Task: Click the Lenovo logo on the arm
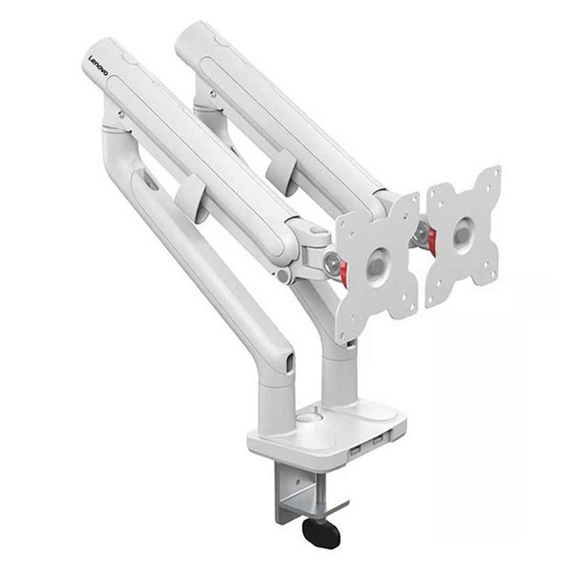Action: (99, 66)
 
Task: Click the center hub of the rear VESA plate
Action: (464, 235)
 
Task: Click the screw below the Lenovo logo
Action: (121, 115)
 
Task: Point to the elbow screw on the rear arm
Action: (213, 94)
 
